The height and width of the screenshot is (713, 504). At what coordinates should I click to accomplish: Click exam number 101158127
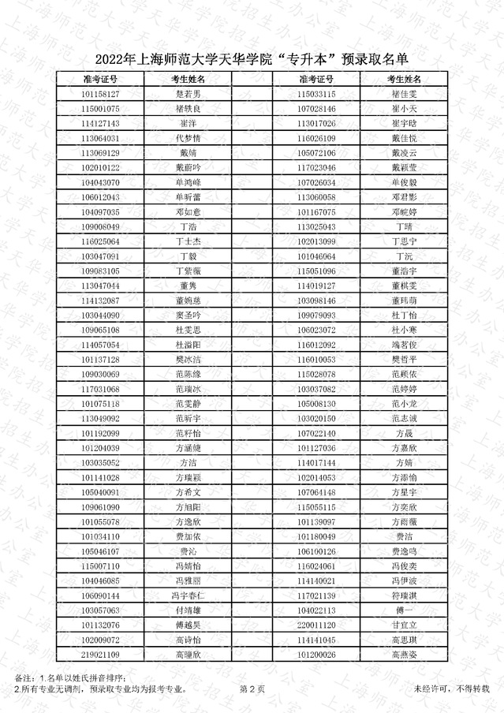(100, 94)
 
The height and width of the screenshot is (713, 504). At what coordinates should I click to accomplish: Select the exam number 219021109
(100, 655)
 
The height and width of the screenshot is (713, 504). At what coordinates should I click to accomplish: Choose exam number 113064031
(100, 138)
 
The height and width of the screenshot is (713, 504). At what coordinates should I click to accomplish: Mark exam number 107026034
(316, 182)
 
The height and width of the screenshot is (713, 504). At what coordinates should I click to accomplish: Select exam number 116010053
(316, 360)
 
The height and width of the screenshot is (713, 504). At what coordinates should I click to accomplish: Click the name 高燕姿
(404, 655)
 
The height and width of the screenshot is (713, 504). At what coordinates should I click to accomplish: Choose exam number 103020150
(316, 418)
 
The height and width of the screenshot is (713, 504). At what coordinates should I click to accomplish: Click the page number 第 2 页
(252, 689)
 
